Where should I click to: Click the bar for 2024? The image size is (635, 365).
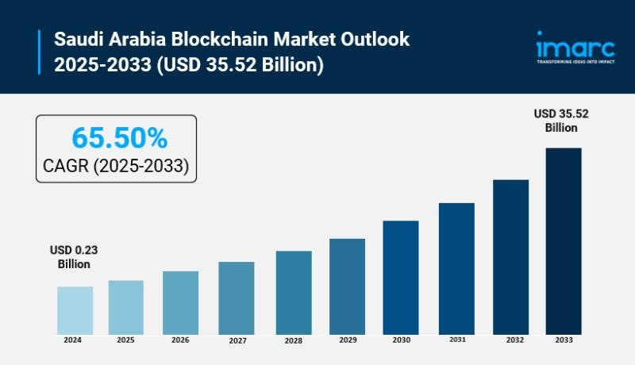click(x=75, y=310)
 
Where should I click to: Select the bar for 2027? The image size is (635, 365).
click(x=236, y=298)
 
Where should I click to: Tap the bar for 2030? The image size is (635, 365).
click(x=401, y=277)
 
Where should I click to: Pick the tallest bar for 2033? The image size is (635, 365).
click(x=564, y=240)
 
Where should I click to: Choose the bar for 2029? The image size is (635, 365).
click(x=347, y=286)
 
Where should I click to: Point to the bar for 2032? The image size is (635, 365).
click(x=510, y=256)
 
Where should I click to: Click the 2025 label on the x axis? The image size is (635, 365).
click(x=126, y=340)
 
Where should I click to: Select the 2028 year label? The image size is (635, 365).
click(x=293, y=341)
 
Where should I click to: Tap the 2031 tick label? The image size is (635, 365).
click(x=456, y=340)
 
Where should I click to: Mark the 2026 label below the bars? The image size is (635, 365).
click(x=180, y=340)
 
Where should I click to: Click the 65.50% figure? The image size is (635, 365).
click(x=120, y=138)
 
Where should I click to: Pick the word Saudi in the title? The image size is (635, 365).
click(x=78, y=39)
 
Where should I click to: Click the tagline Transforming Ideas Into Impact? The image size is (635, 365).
click(x=575, y=61)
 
